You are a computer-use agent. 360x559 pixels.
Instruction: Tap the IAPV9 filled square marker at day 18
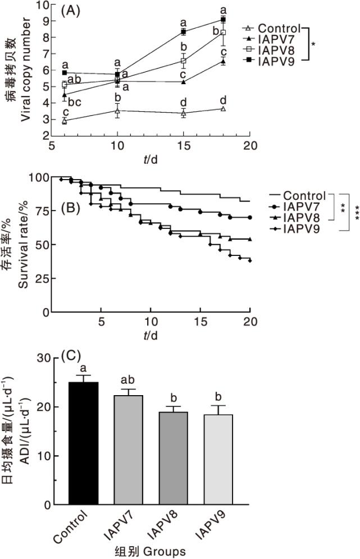pos(223,20)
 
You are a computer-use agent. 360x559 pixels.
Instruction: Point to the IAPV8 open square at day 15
pos(183,61)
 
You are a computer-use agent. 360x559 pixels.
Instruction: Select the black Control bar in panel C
pos(83,443)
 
